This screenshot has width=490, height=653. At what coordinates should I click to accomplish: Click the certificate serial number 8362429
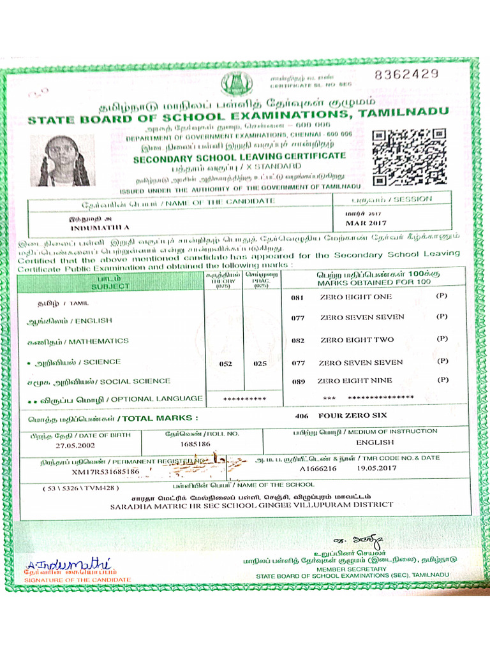(406, 74)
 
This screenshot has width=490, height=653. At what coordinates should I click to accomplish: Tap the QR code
(410, 157)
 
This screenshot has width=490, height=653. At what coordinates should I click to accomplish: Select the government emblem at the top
(237, 84)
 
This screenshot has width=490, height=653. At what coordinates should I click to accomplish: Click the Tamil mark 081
(297, 298)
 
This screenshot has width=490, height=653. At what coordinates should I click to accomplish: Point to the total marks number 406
(302, 415)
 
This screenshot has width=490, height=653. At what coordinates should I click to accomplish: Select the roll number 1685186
(196, 443)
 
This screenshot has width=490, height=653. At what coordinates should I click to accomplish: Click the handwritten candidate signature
(68, 564)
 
